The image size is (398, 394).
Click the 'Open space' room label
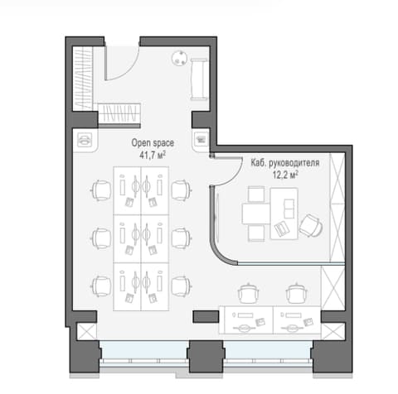click(153, 143)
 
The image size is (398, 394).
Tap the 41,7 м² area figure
click(153, 155)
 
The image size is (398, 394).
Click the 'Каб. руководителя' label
click(285, 163)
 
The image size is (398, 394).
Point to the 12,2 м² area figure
click(285, 175)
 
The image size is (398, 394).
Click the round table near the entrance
click(180, 58)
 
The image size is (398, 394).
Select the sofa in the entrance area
click(199, 79)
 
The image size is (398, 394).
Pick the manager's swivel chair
click(312, 225)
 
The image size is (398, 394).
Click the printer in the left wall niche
click(85, 140)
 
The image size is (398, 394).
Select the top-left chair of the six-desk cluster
click(100, 190)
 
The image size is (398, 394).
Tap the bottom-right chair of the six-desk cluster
click(182, 286)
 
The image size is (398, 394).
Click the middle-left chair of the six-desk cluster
click(100, 238)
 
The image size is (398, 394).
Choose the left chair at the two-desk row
click(249, 293)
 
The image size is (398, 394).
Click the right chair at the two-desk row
click(297, 293)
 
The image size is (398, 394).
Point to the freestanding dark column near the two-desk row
click(206, 317)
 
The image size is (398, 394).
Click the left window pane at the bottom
click(144, 350)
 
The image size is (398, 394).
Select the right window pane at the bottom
click(268, 350)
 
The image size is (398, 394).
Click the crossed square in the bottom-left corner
click(87, 331)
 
